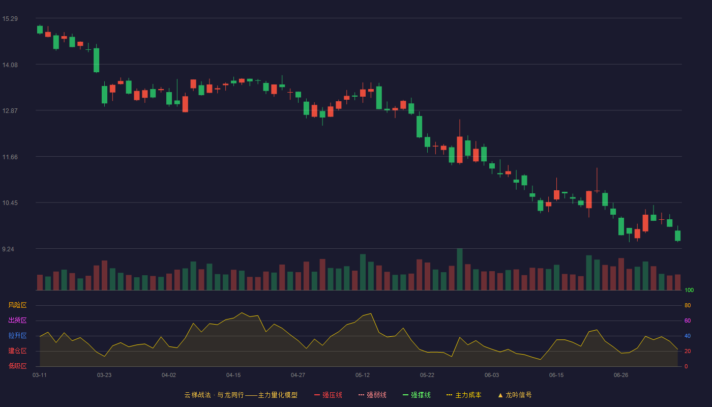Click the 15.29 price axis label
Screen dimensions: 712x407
point(10,19)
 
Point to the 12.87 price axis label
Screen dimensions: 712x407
point(10,111)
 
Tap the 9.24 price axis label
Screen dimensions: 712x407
point(8,249)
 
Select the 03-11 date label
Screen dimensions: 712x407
point(40,375)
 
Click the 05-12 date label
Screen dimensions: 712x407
point(362,375)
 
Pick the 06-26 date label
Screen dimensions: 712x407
point(621,375)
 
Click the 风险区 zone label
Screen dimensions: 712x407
point(17,305)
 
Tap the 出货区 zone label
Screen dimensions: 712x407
point(17,320)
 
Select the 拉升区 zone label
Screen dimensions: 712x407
point(17,335)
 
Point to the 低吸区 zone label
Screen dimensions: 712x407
point(17,366)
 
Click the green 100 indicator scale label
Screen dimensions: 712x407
point(689,290)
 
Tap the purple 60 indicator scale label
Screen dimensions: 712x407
point(688,321)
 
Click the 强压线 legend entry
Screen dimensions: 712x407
point(328,395)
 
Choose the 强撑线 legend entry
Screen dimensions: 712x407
point(417,395)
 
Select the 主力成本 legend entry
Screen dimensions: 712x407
point(464,395)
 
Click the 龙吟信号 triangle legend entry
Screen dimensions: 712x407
point(515,395)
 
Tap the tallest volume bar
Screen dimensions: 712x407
point(460,269)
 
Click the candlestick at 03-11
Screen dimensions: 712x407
point(40,30)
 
